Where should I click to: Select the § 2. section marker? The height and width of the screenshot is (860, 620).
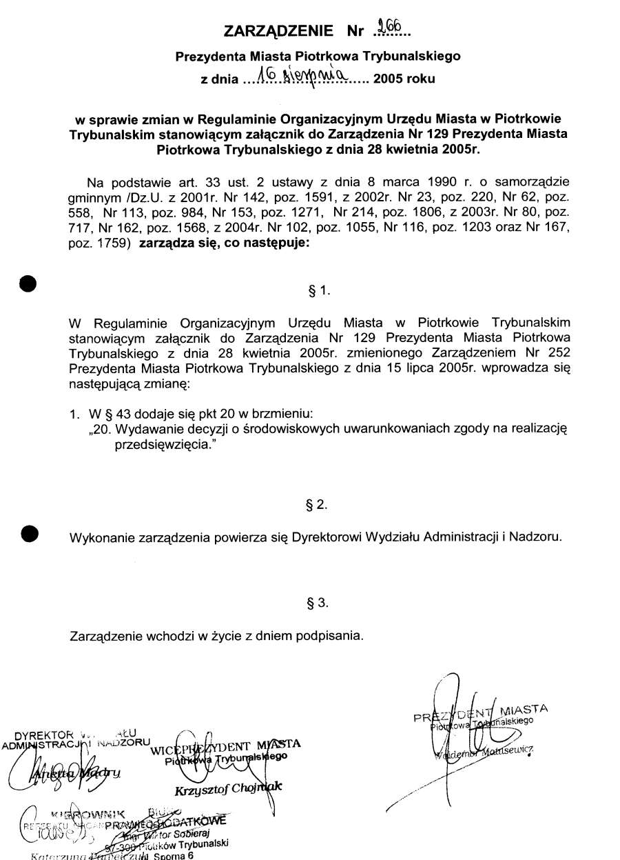(x=317, y=505)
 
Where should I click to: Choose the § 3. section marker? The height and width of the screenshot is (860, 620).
(x=317, y=603)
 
